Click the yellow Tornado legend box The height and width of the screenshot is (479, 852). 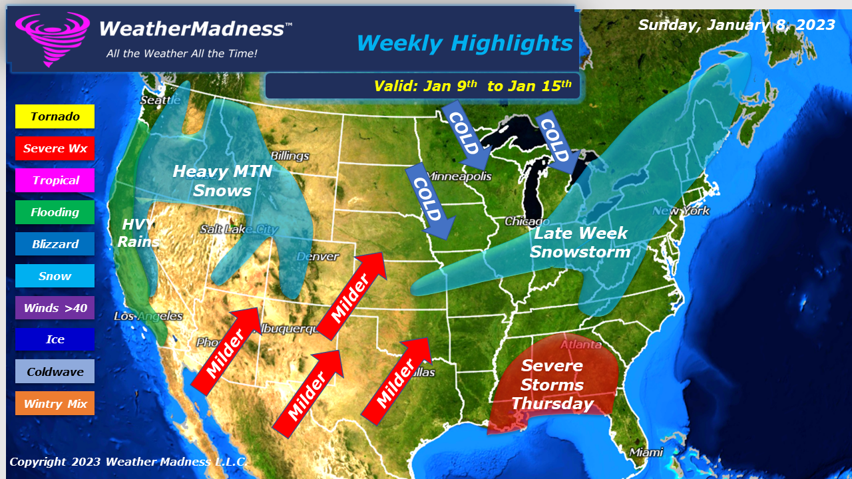55,116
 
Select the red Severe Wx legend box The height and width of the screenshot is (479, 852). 55,148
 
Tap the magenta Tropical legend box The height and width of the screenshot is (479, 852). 55,180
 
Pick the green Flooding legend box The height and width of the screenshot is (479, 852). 55,212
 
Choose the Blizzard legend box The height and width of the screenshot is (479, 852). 55,244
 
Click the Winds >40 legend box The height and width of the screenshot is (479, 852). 55,308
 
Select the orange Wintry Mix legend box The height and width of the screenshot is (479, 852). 55,404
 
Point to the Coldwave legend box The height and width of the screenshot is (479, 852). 55,372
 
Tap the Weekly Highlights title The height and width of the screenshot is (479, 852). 464,43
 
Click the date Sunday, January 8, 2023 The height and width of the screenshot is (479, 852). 736,25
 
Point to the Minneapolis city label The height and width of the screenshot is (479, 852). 459,177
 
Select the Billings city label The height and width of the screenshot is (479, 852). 290,156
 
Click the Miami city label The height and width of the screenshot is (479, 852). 646,452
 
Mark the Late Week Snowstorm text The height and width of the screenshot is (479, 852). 580,243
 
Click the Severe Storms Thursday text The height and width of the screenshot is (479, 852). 552,385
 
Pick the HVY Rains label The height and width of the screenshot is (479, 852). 138,233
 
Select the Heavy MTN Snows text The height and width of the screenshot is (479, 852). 222,181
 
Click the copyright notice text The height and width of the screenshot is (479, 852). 127,462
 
